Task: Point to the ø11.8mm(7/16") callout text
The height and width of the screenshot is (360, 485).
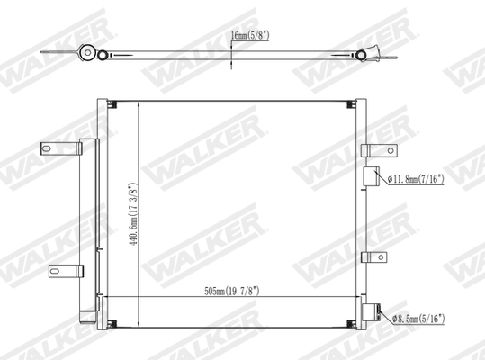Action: tap(428, 179)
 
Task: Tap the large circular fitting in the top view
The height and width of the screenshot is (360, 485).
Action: tap(88, 53)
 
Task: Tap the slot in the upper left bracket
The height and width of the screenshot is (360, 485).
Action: tap(47, 148)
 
